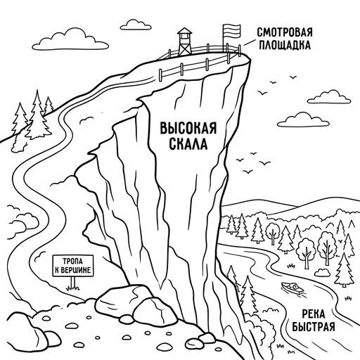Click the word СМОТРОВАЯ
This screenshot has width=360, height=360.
pos(285,32)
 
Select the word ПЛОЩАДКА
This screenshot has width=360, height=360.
pos(285,45)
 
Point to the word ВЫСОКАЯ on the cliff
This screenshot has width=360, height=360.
pos(188,128)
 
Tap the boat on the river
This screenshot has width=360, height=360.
pos(292,288)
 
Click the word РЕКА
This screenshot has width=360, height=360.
pos(314,314)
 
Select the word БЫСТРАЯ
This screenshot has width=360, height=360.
pos(314,326)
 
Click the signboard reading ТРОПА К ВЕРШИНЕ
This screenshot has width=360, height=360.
pos(73,266)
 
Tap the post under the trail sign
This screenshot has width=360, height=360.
pos(73,283)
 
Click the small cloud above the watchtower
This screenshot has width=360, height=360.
pos(136,25)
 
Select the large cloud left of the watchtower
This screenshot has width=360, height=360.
pos(70,40)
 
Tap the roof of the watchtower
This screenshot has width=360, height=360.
pos(185,31)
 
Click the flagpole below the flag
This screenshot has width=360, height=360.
pos(224,45)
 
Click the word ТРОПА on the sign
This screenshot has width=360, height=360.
pos(72,261)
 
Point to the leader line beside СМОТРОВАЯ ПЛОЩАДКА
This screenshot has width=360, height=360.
pos(249,42)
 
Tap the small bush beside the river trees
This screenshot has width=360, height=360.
pos(322,272)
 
